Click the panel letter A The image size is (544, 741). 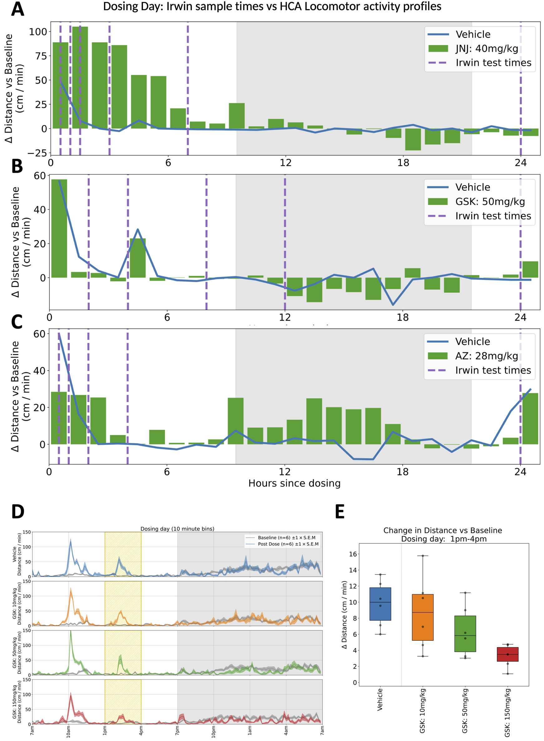coord(17,9)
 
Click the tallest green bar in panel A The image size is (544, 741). coord(80,77)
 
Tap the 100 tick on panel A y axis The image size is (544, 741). coord(38,32)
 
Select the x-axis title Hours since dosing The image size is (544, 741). coord(294,483)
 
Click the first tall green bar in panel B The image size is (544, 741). coord(59,228)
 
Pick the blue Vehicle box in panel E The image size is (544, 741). coord(380,604)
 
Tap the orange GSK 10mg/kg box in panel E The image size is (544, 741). coord(423,617)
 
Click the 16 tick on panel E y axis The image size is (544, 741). coord(353,554)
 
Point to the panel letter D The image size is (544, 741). coord(17,512)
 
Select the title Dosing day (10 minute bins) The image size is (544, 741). coord(177,529)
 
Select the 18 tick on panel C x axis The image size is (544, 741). coord(402,472)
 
